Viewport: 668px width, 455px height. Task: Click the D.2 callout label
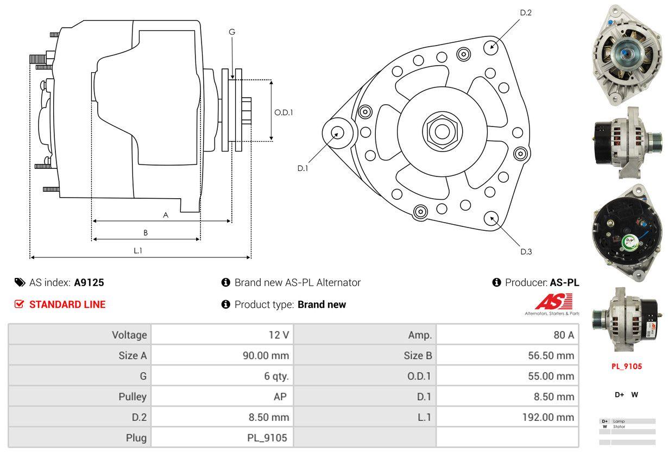[525, 12]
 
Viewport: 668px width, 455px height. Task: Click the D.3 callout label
[526, 251]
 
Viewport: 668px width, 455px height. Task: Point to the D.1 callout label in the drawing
[303, 168]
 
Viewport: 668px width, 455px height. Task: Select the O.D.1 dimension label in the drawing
[283, 113]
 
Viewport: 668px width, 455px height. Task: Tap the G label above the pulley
[232, 32]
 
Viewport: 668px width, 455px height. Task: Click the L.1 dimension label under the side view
[138, 250]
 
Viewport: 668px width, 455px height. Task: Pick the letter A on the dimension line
[166, 215]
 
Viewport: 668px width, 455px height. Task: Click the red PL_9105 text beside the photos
[626, 366]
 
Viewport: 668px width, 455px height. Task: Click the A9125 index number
[89, 282]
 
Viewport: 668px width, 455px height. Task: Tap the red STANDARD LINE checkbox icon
[19, 305]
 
